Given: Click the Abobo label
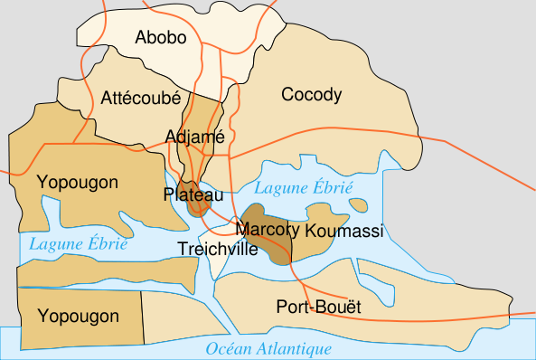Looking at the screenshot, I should pos(160,37).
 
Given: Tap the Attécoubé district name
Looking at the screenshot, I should pos(141,97).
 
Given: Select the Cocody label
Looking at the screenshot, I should pos(312,94).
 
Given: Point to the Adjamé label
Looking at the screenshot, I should pos(195,137).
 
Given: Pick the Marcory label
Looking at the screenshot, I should pos(267,230).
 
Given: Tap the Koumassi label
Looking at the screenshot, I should pos(344,232).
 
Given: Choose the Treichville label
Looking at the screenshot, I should pos(216,249).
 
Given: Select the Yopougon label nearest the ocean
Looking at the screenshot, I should pos(78,316).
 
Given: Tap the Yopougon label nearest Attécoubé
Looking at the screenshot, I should pos(78,183).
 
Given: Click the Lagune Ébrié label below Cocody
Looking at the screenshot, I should pos(303,188).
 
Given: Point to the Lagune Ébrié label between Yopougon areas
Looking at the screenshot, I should pos(78,243).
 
